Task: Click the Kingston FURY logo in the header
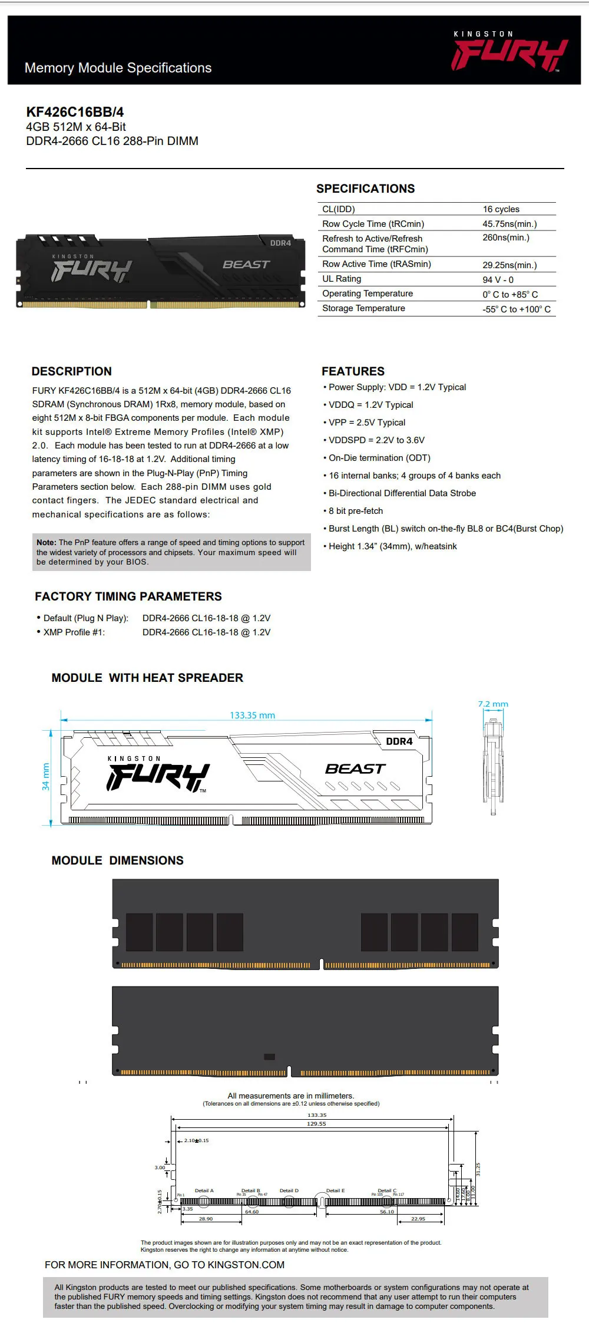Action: pos(509,53)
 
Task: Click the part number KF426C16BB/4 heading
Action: pos(75,112)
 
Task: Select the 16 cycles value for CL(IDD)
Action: pos(501,209)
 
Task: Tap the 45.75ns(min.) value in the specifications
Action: pos(509,224)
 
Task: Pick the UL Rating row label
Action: pos(342,279)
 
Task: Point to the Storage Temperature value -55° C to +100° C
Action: pos(517,309)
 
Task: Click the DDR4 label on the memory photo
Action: pos(280,243)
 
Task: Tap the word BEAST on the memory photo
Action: pos(246,265)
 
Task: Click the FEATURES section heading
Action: pos(353,371)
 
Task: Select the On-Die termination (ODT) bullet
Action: pos(379,458)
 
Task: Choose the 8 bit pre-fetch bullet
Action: pos(356,511)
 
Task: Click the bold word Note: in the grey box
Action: pos(47,542)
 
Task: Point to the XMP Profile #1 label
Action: pos(74,632)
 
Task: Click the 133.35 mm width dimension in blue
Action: pos(252,715)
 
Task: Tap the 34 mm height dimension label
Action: pos(46,777)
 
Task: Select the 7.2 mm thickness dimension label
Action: pos(493,704)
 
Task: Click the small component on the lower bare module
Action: pos(269,1057)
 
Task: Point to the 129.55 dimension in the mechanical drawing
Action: pos(316,1123)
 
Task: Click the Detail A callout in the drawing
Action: pos(204,1190)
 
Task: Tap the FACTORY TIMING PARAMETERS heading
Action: pos(128,596)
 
